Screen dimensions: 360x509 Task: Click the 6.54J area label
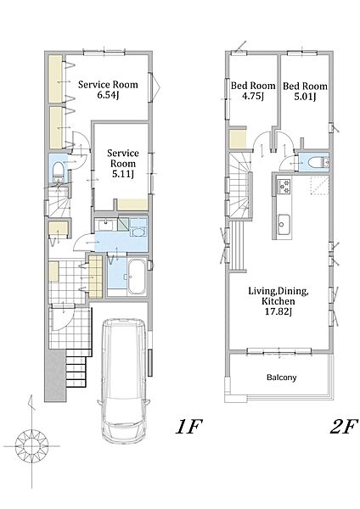pos(107,95)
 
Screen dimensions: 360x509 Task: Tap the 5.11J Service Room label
pos(123,163)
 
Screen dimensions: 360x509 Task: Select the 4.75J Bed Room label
pos(253,91)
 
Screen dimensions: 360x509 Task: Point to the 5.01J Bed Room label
pos(305,92)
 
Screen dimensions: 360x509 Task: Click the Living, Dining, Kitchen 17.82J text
pos(278,301)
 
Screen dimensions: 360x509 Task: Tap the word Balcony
pos(281,378)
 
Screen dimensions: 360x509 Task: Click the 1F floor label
pos(188,427)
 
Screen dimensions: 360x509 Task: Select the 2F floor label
pos(343,427)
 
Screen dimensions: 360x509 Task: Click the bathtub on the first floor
pos(136,277)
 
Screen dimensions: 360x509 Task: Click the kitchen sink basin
pos(283,224)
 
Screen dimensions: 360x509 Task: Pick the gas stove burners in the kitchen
pos(284,187)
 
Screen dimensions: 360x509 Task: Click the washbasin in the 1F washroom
pos(105,224)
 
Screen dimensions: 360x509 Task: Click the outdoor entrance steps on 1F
pos(77,367)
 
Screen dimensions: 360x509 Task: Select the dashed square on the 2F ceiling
pos(319,186)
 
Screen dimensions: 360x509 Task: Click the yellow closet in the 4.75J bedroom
pos(238,138)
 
